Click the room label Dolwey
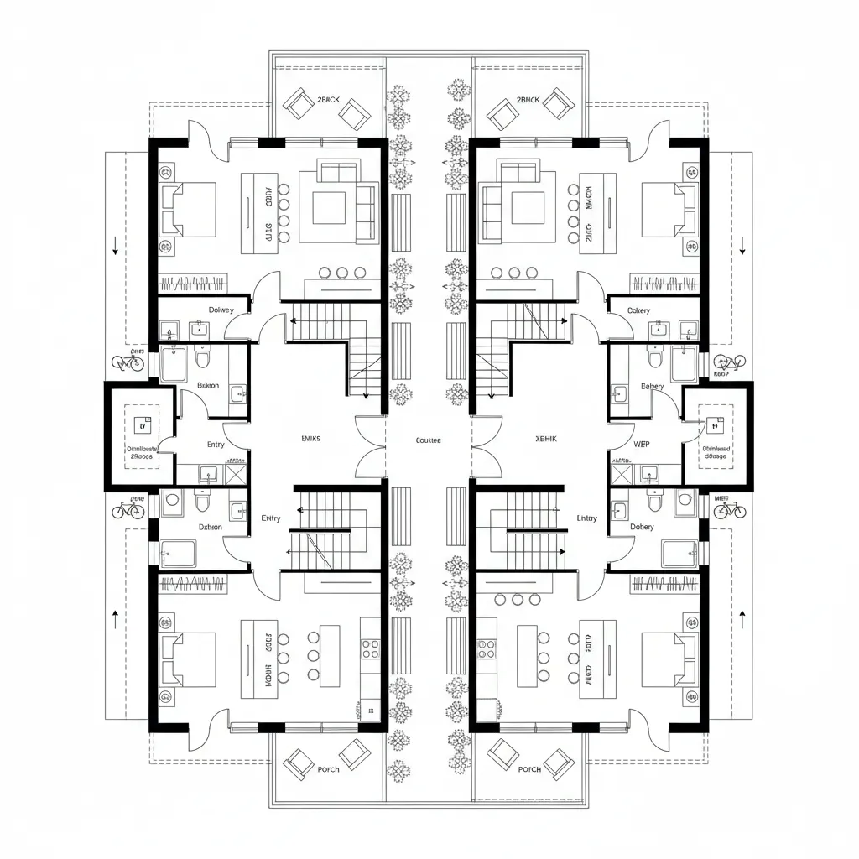[221, 310]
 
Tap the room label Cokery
[638, 310]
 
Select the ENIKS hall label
[310, 438]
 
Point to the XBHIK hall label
[546, 438]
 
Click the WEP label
[642, 444]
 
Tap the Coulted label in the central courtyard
[428, 440]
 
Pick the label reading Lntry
[587, 518]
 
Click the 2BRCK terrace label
[329, 100]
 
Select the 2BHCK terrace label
[528, 100]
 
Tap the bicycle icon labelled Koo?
[727, 362]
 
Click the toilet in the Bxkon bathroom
[201, 360]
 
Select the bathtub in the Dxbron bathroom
[178, 553]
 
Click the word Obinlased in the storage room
[716, 449]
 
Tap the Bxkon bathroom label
[208, 386]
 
